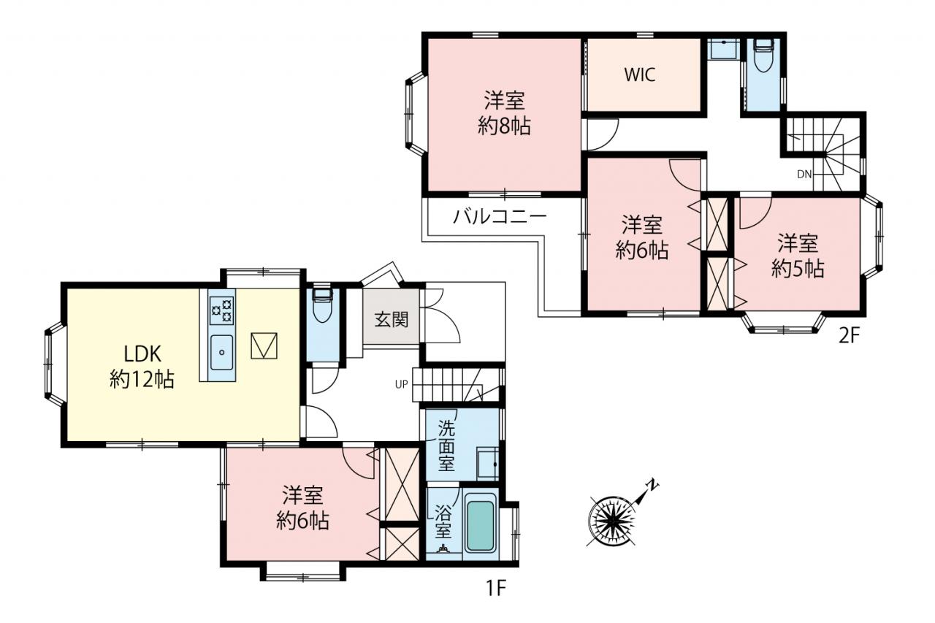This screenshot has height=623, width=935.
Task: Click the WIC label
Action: click(x=640, y=74)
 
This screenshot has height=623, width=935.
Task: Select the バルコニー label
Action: click(x=500, y=217)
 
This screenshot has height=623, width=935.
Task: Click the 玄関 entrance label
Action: click(x=391, y=320)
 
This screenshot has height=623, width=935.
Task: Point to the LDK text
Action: click(x=142, y=354)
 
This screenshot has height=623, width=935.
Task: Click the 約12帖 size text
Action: click(x=142, y=379)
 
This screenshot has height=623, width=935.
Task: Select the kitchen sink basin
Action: click(x=221, y=353)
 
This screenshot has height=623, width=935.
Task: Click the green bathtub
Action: click(x=481, y=526)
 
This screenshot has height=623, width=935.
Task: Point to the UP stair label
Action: click(x=401, y=384)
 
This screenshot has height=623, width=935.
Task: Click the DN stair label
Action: click(x=804, y=175)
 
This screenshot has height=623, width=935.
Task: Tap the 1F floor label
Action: click(x=496, y=589)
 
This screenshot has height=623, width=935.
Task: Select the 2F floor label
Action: click(x=850, y=335)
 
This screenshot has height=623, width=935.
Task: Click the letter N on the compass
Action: click(x=652, y=485)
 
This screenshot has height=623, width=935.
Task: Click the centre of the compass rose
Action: click(x=611, y=521)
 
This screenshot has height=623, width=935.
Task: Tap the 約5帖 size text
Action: click(x=798, y=269)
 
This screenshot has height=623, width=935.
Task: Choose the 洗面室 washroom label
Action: click(x=446, y=446)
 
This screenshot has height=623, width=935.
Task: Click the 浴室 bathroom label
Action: click(x=443, y=521)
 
